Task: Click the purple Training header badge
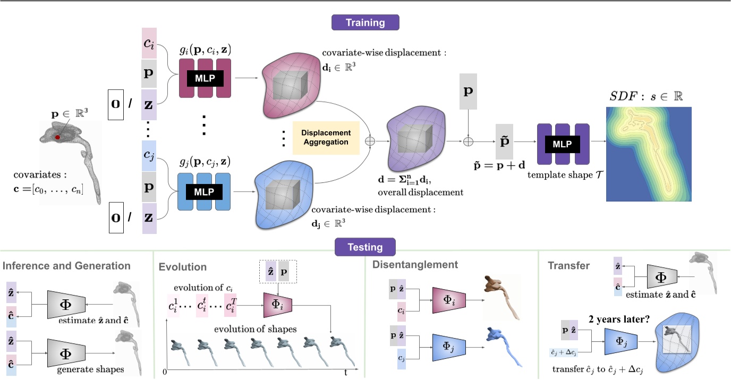click(x=365, y=23)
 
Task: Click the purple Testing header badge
click(x=365, y=247)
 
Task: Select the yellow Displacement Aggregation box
click(x=326, y=137)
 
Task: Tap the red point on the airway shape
click(x=57, y=137)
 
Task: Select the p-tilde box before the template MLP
click(x=505, y=141)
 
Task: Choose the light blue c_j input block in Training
click(x=149, y=156)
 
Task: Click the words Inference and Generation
click(x=66, y=266)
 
